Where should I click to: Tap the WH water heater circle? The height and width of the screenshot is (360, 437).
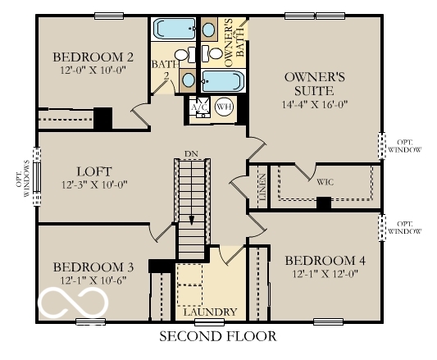click(x=223, y=107)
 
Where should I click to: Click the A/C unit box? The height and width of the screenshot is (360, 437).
click(x=199, y=107)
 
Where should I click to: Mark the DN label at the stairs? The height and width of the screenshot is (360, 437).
click(x=191, y=153)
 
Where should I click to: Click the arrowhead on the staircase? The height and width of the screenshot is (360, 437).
click(x=191, y=219)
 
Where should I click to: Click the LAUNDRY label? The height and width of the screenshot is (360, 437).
click(x=210, y=312)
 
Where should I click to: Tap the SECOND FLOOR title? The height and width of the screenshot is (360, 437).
click(x=218, y=336)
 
